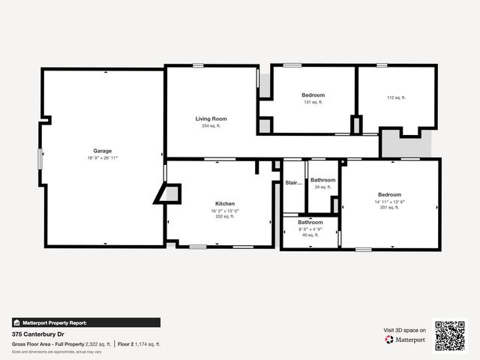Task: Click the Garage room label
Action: pos(102,151)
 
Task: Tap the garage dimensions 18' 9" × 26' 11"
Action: pos(102,158)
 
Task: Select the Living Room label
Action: pos(211,118)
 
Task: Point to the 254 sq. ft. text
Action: pos(211,126)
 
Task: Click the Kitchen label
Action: pos(225,204)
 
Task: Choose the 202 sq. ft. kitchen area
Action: pos(225,217)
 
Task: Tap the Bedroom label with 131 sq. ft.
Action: pos(313,95)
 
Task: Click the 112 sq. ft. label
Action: pos(395,97)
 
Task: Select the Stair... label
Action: pos(293,182)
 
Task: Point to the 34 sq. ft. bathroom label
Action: pos(322,187)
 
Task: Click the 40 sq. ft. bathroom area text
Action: pos(310,235)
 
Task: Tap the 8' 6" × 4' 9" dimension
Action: pos(310,229)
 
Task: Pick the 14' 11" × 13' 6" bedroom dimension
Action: pos(389,201)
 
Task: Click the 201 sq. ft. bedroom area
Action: pos(389,208)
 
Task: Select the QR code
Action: pos(450,335)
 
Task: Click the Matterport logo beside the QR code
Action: pos(406,340)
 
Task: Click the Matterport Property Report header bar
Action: pos(85,322)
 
